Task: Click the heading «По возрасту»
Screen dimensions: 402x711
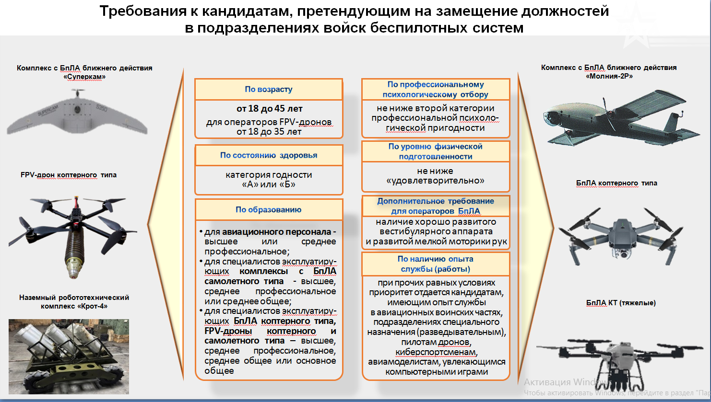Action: pos(268,89)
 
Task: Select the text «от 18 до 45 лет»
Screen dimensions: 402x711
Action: pos(269,109)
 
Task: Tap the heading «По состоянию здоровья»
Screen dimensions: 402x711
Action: pos(268,155)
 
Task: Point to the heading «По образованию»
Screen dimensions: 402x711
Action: pos(268,209)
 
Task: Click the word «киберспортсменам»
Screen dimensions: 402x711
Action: pos(436,352)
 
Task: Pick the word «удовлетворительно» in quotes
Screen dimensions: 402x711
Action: pos(435,181)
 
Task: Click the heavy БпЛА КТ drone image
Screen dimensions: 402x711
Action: pos(619,359)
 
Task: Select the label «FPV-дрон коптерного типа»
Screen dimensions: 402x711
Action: pos(69,175)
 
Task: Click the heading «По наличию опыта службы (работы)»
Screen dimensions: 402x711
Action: pos(435,264)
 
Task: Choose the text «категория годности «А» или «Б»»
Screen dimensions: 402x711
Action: pos(269,180)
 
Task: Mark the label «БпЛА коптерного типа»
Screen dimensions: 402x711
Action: pos(616,183)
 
